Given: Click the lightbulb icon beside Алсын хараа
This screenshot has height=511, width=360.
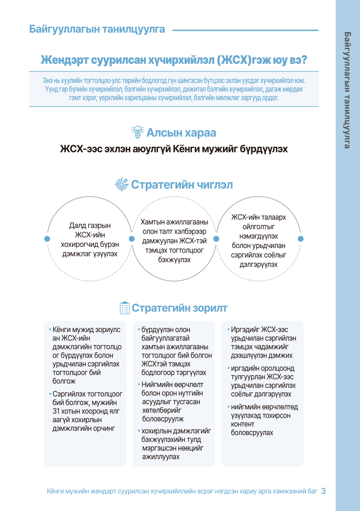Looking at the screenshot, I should click(x=137, y=132).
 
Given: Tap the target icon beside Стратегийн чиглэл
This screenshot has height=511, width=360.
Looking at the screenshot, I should click(x=122, y=184).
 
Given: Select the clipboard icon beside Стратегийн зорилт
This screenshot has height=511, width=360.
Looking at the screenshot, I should click(x=124, y=308).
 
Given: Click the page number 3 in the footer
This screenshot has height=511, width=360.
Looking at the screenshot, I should click(x=323, y=491).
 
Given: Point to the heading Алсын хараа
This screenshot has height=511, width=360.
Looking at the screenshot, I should click(x=181, y=133).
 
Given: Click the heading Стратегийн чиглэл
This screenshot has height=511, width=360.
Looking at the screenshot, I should click(x=182, y=185).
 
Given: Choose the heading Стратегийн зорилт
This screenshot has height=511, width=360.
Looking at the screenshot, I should click(x=179, y=308).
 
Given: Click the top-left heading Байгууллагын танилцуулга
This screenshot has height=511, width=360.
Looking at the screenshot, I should click(x=97, y=29).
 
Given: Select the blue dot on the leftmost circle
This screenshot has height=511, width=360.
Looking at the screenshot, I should click(x=47, y=239).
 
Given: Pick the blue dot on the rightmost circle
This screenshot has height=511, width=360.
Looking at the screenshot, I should click(x=301, y=239).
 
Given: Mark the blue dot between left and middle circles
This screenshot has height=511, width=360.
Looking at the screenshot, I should click(x=132, y=239).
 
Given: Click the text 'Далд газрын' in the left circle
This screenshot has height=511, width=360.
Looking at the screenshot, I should click(x=89, y=226).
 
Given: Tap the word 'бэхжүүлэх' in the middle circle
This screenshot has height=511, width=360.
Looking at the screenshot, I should click(x=174, y=260).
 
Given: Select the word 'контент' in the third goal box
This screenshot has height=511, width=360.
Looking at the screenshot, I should click(x=243, y=424).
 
